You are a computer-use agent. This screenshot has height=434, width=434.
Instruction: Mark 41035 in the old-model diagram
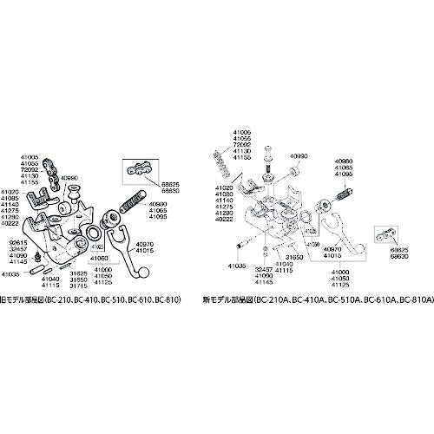pos(15,273)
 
